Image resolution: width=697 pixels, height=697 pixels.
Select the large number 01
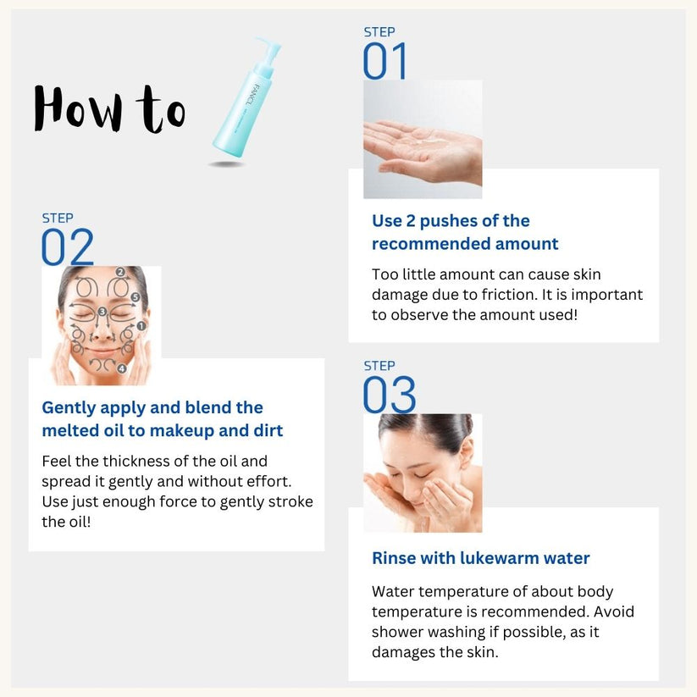click(x=385, y=62)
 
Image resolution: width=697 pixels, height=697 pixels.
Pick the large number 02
click(x=68, y=248)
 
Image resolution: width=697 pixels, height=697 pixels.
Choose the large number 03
click(x=390, y=395)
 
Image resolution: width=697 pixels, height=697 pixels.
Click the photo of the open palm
click(x=423, y=140)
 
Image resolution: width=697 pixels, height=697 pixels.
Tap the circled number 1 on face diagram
click(x=141, y=325)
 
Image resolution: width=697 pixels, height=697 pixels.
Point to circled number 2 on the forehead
click(x=120, y=273)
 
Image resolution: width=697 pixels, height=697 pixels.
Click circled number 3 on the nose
click(x=102, y=313)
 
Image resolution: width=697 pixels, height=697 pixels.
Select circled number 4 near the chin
click(x=122, y=369)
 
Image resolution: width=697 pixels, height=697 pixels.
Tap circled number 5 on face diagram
click(x=136, y=297)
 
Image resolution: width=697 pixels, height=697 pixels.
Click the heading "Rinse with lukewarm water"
click(x=480, y=558)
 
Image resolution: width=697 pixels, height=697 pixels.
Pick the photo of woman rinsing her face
click(x=423, y=473)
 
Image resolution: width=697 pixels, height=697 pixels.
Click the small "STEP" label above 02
click(x=58, y=219)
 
